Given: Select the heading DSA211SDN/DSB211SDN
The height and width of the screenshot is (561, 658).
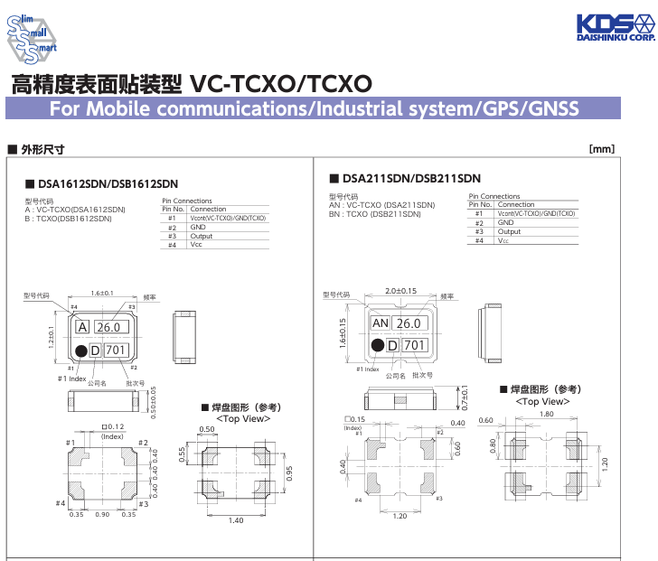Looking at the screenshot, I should click(411, 178).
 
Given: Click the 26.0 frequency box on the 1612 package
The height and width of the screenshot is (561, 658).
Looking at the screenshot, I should click(108, 327).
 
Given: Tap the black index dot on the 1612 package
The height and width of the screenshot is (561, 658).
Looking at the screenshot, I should click(80, 351).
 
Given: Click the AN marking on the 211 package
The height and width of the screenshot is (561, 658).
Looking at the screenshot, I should click(381, 323).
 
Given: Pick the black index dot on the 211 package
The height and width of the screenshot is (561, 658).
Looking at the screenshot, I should click(377, 345).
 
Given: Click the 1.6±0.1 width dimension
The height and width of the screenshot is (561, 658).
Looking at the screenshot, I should click(101, 293).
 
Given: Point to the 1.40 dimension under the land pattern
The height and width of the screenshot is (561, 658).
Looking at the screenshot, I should click(236, 520).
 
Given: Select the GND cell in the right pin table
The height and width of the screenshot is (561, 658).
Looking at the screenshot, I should click(506, 222).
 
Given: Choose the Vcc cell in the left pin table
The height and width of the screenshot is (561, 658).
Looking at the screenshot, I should click(196, 245).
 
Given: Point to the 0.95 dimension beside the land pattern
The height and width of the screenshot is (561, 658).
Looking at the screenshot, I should click(289, 472).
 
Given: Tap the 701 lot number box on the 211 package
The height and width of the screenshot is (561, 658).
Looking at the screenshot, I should click(414, 345).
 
